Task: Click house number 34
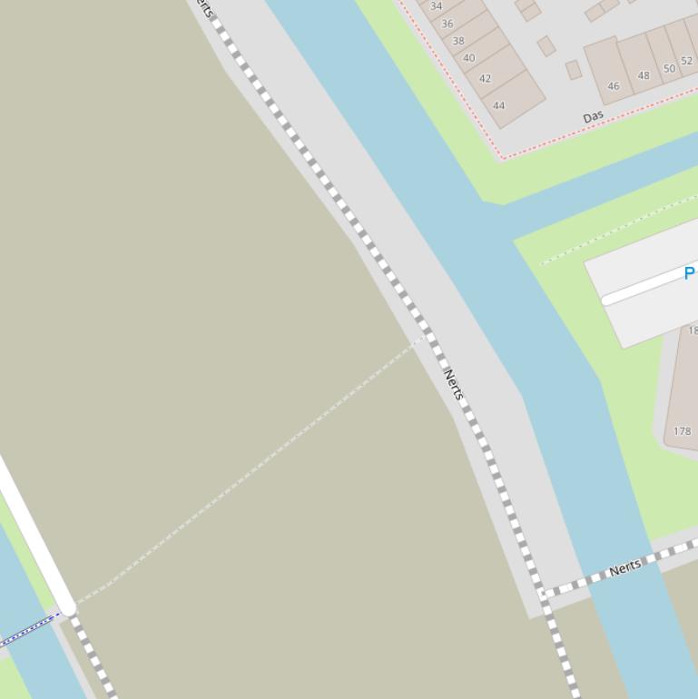click(436, 6)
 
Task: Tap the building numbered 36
click(447, 24)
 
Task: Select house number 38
click(458, 41)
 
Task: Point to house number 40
click(469, 58)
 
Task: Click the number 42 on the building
click(485, 78)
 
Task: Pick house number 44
click(498, 105)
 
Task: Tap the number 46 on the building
click(614, 86)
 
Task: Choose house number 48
click(644, 75)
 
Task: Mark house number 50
click(669, 69)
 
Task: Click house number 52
click(686, 62)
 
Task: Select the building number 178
click(683, 431)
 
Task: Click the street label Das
click(594, 117)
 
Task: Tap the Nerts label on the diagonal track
click(454, 384)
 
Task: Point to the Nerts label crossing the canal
click(625, 568)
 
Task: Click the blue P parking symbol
click(689, 273)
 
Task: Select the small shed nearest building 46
click(573, 70)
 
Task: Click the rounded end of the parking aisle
click(607, 300)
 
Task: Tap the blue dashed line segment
click(32, 628)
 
